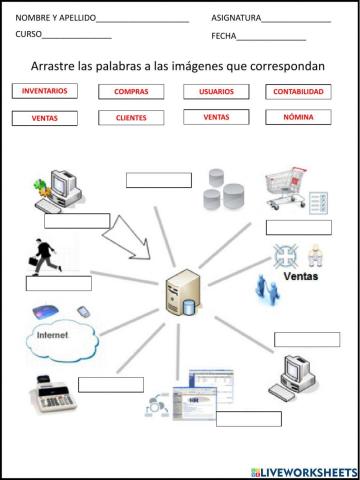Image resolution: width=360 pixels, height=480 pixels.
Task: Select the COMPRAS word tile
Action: click(x=131, y=91)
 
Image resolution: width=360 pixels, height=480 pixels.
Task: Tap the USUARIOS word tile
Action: click(x=216, y=91)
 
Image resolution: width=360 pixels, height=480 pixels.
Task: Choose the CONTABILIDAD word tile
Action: click(x=298, y=91)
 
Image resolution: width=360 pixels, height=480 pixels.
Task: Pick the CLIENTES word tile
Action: click(x=131, y=117)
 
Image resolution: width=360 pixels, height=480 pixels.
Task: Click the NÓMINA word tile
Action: click(x=298, y=117)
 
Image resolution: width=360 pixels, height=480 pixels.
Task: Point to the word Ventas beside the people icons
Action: click(x=301, y=276)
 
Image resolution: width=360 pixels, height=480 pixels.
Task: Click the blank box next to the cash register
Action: click(x=110, y=384)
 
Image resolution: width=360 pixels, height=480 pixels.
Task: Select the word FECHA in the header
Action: click(x=223, y=36)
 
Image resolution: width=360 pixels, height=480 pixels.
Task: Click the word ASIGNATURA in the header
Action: click(x=236, y=18)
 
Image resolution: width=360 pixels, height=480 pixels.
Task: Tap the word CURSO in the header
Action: click(x=28, y=34)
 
